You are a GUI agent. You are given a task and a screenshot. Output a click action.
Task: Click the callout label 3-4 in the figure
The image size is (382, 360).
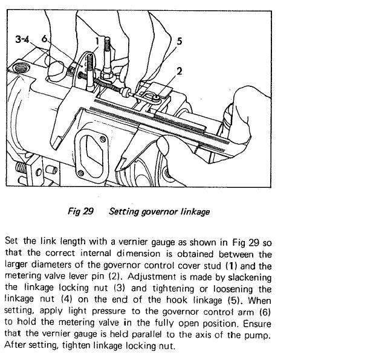pos(22,39)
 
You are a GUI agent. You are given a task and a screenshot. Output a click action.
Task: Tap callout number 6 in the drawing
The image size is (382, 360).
pos(44,39)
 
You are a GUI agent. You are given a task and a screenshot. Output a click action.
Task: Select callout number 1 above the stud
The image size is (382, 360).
pos(97,40)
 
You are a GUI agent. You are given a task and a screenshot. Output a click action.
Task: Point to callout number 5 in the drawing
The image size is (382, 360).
pos(180,41)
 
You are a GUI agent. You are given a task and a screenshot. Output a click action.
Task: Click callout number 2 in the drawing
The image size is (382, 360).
pos(180,71)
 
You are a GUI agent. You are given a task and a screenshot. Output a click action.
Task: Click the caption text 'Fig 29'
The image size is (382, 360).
pos(80,211)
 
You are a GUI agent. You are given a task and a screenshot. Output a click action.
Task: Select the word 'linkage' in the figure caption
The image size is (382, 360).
pos(195,212)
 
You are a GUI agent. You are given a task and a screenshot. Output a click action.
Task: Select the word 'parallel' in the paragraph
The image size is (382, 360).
pos(147,335)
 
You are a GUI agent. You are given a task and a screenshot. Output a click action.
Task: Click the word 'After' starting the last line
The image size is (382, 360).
pos(15,345)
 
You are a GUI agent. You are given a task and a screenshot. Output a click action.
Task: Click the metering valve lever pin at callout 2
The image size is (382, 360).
pos(157,98)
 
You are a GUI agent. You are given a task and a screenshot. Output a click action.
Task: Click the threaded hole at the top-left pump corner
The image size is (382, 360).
pos(20,68)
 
